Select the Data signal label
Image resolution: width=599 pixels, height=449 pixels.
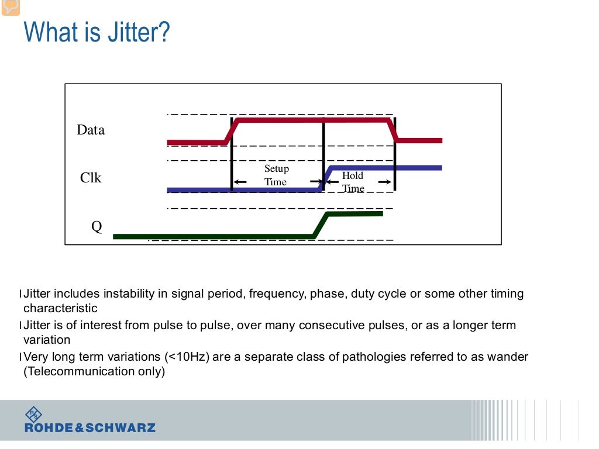click(91, 130)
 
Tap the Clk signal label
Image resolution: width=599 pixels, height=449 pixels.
click(91, 178)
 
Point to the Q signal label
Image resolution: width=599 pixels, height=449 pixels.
click(97, 227)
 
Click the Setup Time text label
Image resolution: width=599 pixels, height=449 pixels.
click(276, 175)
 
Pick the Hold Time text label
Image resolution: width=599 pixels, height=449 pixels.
click(353, 182)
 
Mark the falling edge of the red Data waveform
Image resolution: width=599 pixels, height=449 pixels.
click(393, 130)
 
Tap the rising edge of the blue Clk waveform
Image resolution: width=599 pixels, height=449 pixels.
click(326, 178)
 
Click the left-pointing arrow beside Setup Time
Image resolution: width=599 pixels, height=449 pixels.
click(240, 182)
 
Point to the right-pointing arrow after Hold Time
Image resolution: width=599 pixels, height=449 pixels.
click(384, 182)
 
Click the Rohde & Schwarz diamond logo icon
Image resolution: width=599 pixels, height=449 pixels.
click(33, 415)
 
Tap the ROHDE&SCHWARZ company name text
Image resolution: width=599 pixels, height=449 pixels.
click(90, 428)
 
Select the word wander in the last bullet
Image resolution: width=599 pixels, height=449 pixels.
click(509, 357)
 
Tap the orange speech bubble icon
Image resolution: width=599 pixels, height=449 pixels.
click(11, 6)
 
